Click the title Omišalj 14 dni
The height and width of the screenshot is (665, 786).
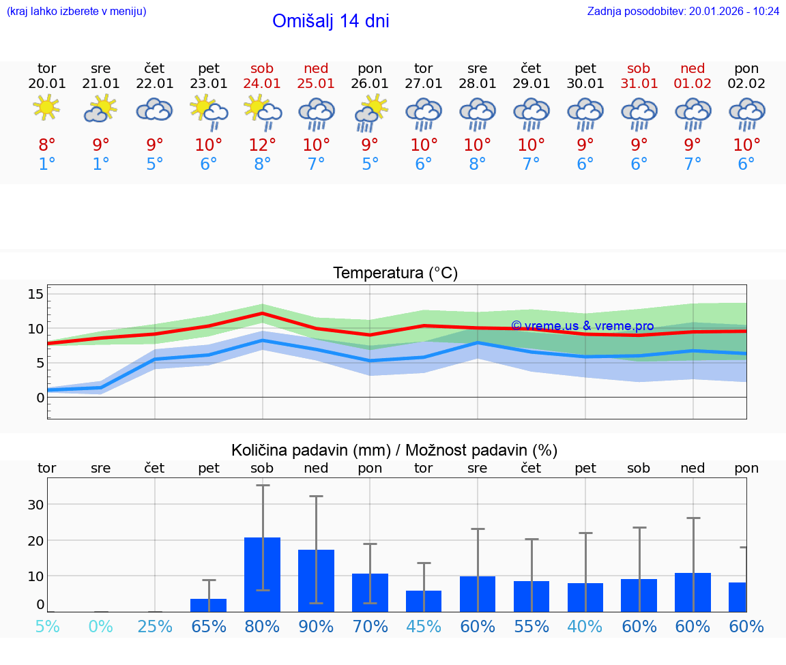click(330, 21)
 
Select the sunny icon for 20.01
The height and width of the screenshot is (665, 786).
click(46, 108)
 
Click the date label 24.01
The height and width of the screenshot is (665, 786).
click(262, 84)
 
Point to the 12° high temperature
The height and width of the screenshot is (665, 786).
click(262, 145)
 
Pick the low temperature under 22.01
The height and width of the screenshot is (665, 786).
click(155, 164)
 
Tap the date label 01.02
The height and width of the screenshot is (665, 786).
click(693, 84)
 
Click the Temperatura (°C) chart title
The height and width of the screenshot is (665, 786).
click(395, 274)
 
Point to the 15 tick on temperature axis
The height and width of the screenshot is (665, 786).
click(35, 294)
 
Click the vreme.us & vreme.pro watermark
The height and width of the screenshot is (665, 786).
click(582, 326)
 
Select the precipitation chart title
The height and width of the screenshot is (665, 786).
click(394, 450)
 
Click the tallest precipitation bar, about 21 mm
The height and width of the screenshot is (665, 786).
click(263, 574)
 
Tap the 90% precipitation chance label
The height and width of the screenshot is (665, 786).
click(316, 626)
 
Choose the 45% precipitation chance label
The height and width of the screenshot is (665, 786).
click(424, 626)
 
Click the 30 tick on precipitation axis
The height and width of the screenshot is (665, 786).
click(35, 505)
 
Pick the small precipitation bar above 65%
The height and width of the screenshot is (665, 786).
click(209, 605)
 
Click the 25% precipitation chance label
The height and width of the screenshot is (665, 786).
click(155, 626)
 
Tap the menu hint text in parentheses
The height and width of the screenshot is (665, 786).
click(76, 11)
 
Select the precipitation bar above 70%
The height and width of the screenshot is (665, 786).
click(370, 592)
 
